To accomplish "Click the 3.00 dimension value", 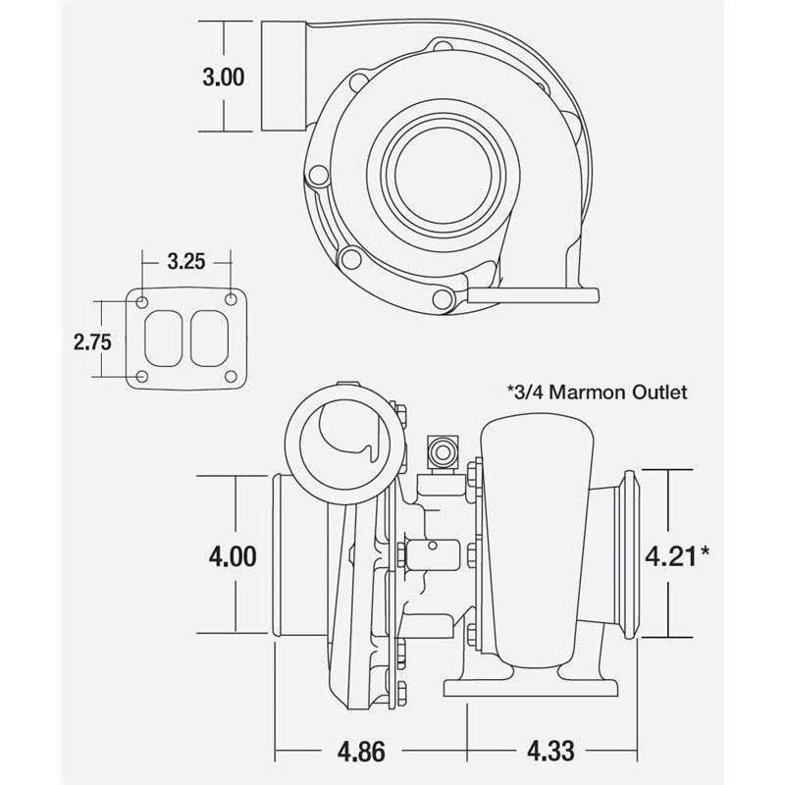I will coord(224,77).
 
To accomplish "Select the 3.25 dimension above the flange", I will coord(186,261).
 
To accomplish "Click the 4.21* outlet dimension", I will coord(676,556).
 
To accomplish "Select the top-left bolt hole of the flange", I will coord(143,300).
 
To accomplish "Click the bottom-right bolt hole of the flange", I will coord(232,377).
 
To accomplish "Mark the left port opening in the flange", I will coord(164,338).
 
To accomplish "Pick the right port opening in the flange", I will coord(209,338).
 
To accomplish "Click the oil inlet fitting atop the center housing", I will coord(441,452).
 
